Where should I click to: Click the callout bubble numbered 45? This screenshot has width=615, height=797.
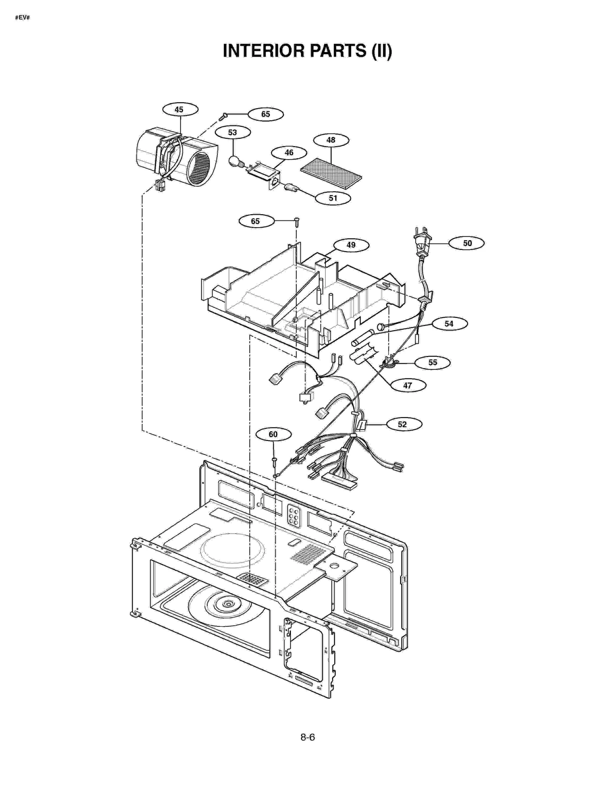coord(180,110)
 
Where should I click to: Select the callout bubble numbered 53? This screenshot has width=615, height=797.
coord(233,133)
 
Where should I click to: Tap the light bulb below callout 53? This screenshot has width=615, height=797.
coord(234,161)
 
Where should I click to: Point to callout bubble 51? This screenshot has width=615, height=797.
coord(332,198)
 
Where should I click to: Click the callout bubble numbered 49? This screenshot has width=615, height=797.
coord(351,245)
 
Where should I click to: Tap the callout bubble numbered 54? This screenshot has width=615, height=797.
coord(449,324)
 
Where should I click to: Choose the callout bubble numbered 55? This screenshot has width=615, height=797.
coord(432,363)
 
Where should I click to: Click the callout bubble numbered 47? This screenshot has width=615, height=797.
coord(407,385)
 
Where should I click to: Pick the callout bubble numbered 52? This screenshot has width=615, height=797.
coord(402,424)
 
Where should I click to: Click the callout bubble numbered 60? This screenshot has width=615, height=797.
coord(273,434)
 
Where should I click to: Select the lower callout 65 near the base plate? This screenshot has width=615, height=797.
coord(256,221)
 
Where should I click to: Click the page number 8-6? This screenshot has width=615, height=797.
coord(307,737)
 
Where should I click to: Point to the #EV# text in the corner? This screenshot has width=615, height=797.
coord(22,18)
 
